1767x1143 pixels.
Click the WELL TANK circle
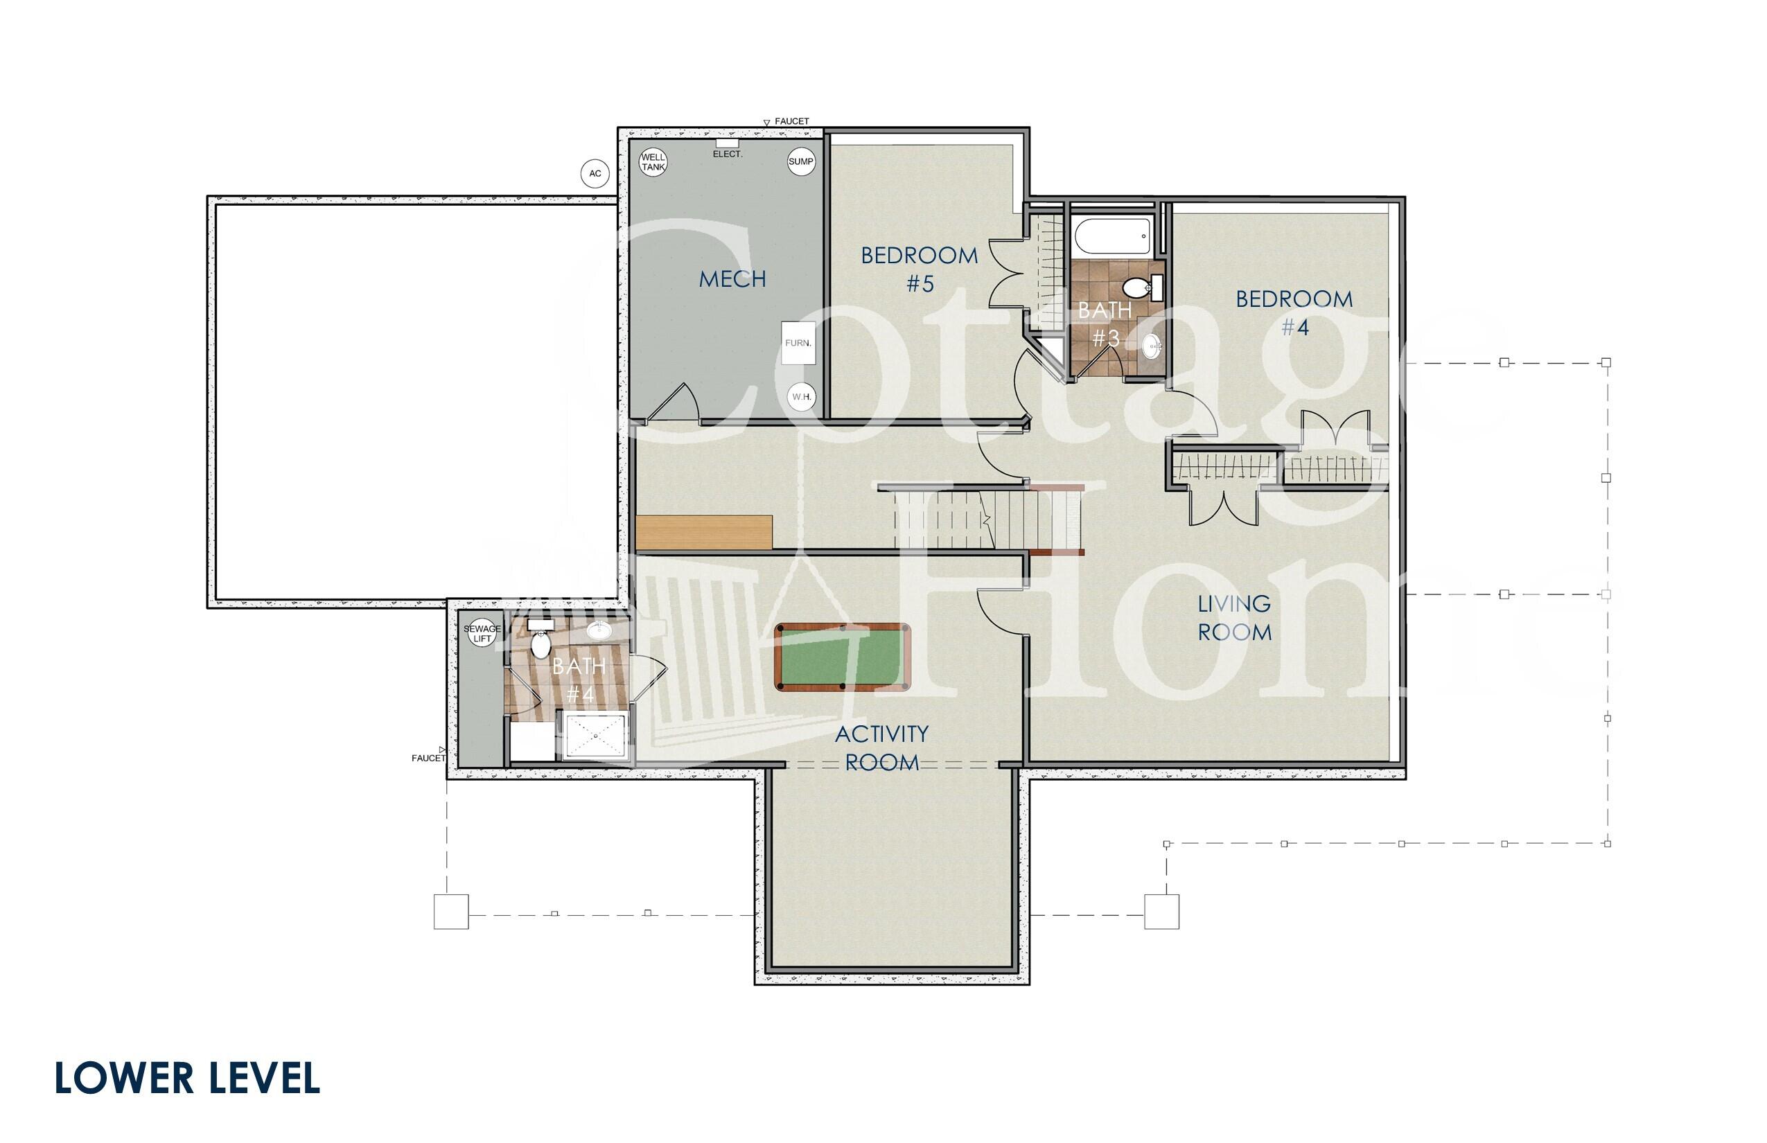click(653, 162)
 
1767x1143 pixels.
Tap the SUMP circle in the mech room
click(800, 162)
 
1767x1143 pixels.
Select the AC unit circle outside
click(595, 174)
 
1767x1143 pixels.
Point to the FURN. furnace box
click(798, 343)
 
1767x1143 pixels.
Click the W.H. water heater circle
click(800, 396)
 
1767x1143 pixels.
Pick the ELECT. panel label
click(727, 154)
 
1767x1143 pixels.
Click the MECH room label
click(732, 279)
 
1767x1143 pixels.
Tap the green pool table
click(842, 657)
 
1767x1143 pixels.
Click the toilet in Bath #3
click(1138, 287)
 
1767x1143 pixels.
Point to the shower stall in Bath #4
click(595, 736)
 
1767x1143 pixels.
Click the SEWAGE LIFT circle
click(482, 633)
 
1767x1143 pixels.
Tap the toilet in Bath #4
click(540, 644)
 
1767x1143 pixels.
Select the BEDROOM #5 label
click(919, 269)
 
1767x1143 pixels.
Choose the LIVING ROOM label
click(1234, 617)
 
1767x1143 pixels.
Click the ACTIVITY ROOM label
click(881, 747)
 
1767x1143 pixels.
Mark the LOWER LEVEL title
click(187, 1079)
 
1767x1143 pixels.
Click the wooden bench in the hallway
click(704, 532)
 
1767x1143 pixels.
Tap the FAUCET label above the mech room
click(791, 121)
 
